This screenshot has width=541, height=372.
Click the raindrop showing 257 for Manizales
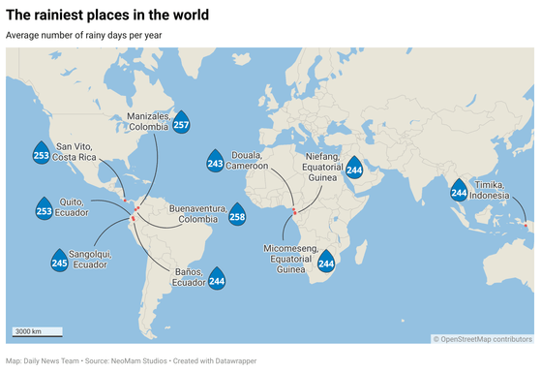coord(181,126)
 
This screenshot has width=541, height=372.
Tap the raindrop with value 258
coord(237,217)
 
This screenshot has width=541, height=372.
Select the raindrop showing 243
coord(215,164)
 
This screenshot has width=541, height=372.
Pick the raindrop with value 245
coord(59,262)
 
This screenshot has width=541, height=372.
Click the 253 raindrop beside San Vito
coord(42,153)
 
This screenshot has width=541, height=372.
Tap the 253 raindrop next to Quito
coord(44,209)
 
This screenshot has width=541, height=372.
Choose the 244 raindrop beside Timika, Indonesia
coord(459,192)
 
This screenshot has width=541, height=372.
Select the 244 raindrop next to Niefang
coord(354,169)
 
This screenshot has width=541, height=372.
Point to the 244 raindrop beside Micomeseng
coord(326,262)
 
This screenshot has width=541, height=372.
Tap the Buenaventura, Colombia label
coord(197,214)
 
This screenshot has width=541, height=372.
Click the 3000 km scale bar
coord(37,333)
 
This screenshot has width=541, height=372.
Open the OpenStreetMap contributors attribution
coord(483,339)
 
